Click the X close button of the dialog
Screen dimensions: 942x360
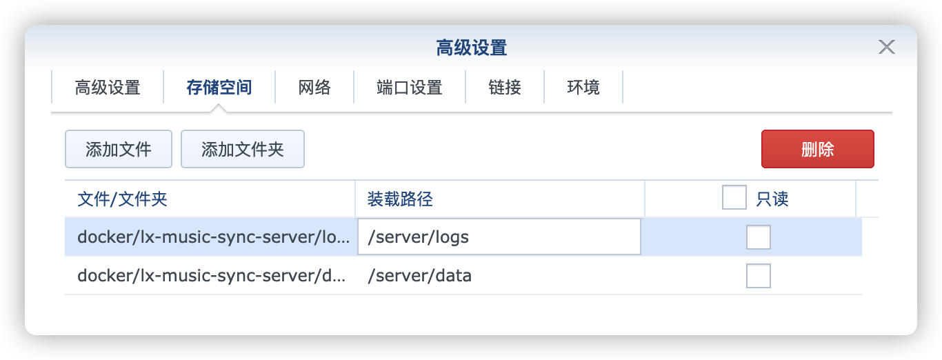click(887, 47)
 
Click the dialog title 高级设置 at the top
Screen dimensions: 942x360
click(472, 48)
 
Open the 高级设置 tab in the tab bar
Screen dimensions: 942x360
click(108, 88)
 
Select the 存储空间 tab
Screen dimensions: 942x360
click(219, 88)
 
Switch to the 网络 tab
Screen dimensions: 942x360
click(314, 88)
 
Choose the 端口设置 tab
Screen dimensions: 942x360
click(410, 88)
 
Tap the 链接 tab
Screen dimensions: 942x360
click(505, 88)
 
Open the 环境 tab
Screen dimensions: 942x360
click(583, 88)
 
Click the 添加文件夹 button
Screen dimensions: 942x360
click(243, 149)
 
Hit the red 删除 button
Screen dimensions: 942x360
click(817, 149)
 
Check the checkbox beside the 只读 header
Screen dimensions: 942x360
click(734, 197)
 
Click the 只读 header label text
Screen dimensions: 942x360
click(772, 199)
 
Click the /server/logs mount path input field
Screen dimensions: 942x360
click(499, 237)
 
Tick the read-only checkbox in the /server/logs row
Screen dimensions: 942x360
click(759, 237)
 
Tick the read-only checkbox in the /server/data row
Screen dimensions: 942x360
click(759, 276)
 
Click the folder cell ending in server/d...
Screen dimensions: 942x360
click(211, 276)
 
